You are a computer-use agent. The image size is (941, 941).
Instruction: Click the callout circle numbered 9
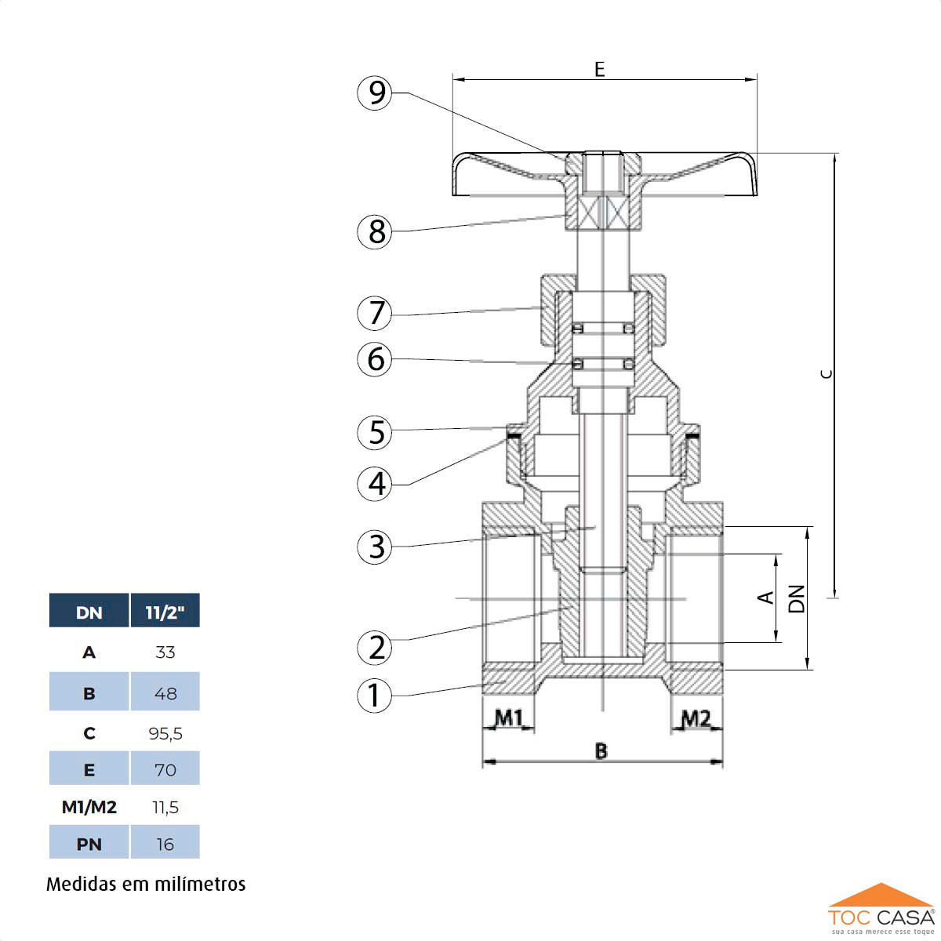tap(375, 93)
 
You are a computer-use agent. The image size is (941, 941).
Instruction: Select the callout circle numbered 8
tap(375, 231)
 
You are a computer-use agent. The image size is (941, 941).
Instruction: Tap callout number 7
tap(375, 313)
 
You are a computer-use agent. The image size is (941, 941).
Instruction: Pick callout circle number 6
tap(375, 359)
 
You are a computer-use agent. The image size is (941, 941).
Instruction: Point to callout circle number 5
tap(375, 431)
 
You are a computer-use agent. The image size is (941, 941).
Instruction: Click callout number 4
tap(375, 483)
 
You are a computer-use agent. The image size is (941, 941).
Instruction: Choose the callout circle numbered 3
tap(375, 546)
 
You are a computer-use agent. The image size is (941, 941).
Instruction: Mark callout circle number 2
tap(375, 648)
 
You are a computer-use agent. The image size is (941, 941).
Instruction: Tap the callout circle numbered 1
tap(375, 695)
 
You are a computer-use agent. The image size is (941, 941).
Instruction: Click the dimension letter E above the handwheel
tap(600, 70)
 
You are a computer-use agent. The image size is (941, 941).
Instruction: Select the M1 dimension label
tap(509, 717)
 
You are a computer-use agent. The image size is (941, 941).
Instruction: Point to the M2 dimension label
tap(695, 717)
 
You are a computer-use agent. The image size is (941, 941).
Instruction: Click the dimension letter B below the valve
tap(601, 751)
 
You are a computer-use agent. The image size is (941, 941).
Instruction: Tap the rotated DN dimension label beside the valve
tap(797, 598)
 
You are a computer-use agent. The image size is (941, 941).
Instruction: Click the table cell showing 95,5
tap(165, 733)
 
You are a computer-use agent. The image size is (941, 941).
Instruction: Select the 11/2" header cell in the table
tap(165, 612)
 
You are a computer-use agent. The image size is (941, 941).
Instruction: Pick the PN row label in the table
tap(89, 844)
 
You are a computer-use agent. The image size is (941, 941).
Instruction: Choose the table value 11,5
tap(165, 807)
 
